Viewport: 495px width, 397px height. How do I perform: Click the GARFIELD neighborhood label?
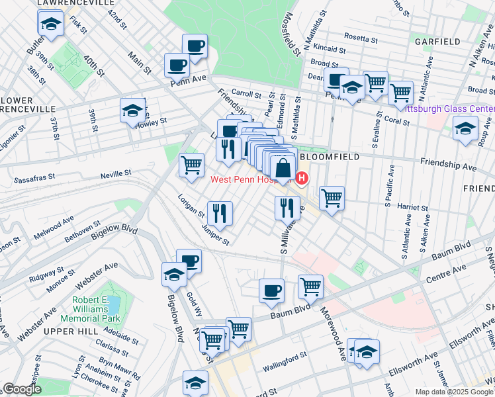437,42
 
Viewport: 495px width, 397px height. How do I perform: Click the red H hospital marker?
302,177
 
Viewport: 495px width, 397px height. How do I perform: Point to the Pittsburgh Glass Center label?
449,109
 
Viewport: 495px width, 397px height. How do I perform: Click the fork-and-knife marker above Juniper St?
219,213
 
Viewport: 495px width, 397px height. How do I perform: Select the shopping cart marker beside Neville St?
192,165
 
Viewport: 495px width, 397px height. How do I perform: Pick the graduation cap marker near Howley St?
132,110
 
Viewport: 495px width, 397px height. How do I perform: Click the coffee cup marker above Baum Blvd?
271,290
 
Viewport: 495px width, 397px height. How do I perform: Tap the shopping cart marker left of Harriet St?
331,197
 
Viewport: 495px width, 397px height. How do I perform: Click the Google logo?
22,389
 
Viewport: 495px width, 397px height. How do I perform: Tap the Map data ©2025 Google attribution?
453,392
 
